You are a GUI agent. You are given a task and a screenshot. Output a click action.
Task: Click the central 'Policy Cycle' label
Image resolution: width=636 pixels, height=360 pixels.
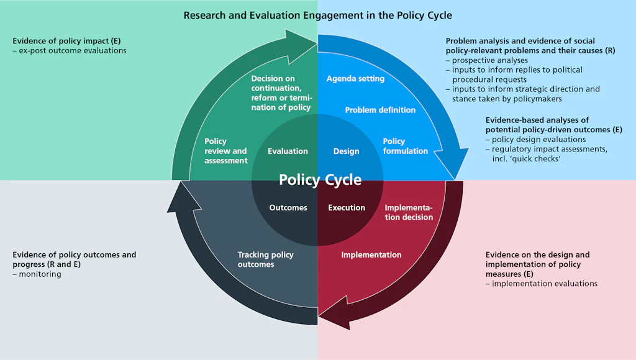(320, 180)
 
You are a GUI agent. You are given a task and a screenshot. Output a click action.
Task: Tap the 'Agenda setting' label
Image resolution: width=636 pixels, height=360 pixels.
(355, 79)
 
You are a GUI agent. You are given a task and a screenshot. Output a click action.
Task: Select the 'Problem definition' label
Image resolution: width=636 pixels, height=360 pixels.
(380, 110)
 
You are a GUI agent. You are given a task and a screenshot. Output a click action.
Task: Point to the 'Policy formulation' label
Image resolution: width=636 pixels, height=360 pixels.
(405, 146)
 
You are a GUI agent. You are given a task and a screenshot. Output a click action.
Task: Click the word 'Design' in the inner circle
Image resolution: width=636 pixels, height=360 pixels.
(346, 151)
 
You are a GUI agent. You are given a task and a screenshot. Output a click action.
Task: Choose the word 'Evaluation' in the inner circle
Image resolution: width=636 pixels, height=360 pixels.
(288, 151)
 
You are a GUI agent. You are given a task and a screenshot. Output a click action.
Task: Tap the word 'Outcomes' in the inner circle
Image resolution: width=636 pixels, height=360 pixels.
(288, 208)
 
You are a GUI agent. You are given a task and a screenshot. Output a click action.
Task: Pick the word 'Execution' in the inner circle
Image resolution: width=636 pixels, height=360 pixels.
(347, 208)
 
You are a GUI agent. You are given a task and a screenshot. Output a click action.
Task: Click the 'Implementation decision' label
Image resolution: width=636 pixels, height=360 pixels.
(409, 212)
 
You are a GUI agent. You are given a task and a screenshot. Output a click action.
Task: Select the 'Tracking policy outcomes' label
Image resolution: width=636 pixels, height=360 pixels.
(265, 259)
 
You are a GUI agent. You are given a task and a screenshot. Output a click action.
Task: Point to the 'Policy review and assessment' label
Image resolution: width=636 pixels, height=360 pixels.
(226, 151)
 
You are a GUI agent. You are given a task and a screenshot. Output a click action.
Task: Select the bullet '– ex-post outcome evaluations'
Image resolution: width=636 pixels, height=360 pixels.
(70, 50)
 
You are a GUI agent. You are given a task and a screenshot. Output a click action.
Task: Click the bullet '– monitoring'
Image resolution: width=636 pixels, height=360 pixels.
(37, 274)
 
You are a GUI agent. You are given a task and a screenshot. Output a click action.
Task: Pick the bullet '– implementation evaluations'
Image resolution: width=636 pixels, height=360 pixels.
(541, 284)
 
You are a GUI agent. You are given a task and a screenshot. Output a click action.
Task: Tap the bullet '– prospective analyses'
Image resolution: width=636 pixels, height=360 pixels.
(487, 60)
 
